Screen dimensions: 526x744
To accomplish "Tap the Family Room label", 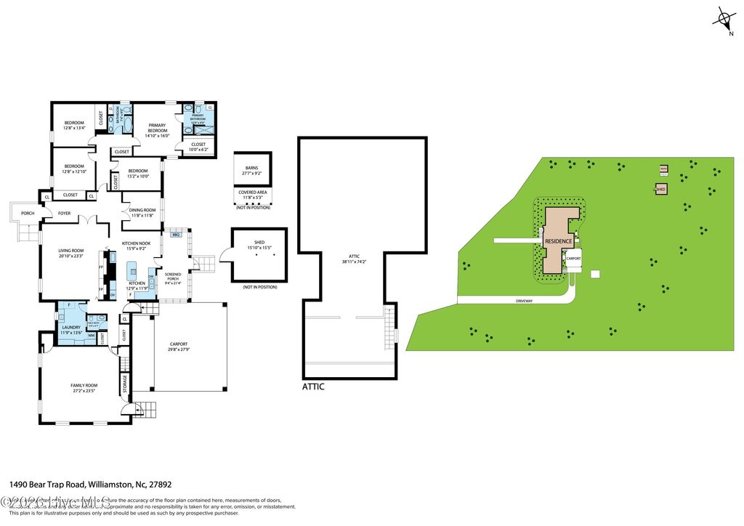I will [x=84, y=388].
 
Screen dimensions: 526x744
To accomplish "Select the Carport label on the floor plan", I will [x=179, y=347].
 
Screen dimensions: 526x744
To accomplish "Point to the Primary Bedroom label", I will [x=156, y=130].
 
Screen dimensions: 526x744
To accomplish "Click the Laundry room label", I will [x=71, y=330].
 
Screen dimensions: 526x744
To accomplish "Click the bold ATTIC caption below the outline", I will [x=313, y=387].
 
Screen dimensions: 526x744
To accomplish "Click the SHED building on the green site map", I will [x=660, y=189].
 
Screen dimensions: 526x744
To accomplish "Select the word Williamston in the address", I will [x=112, y=484].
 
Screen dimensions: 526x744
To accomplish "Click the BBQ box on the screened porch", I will [x=175, y=235].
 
